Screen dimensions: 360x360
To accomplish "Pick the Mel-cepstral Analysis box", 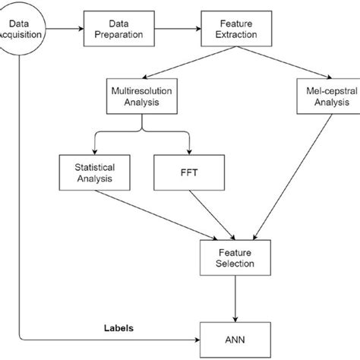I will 319,96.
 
